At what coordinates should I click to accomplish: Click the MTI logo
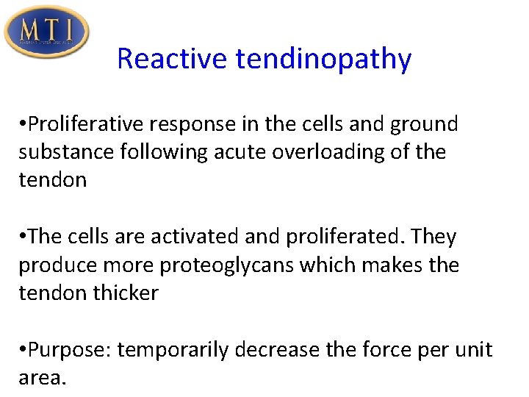(46, 31)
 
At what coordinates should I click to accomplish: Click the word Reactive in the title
(172, 59)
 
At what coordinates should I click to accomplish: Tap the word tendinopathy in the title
(323, 59)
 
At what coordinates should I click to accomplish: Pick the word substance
(65, 152)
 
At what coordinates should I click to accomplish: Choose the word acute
(246, 152)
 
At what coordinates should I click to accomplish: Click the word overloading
(337, 152)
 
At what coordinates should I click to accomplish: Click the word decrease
(287, 349)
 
